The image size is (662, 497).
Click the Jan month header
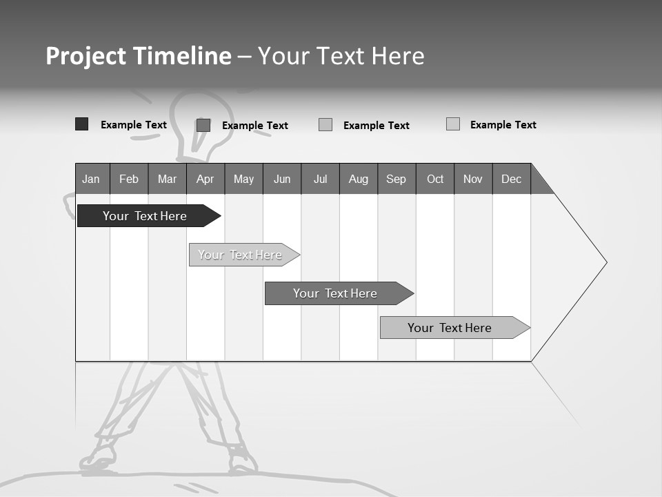click(92, 179)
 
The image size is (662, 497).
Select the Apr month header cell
click(205, 179)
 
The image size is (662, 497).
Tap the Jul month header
click(320, 179)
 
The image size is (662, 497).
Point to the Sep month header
click(397, 179)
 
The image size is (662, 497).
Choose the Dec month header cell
click(511, 179)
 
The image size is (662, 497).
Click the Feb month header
click(129, 179)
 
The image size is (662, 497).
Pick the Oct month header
click(435, 179)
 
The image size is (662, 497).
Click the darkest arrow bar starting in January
click(145, 216)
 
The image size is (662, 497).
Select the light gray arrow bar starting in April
click(240, 255)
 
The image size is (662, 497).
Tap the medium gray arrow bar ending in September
click(335, 293)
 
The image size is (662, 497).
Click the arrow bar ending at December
click(450, 328)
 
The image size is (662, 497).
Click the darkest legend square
click(81, 124)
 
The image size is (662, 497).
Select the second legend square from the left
click(203, 125)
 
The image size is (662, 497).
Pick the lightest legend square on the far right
click(452, 124)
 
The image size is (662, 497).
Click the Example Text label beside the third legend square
click(377, 126)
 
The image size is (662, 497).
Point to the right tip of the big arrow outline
click(605, 262)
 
